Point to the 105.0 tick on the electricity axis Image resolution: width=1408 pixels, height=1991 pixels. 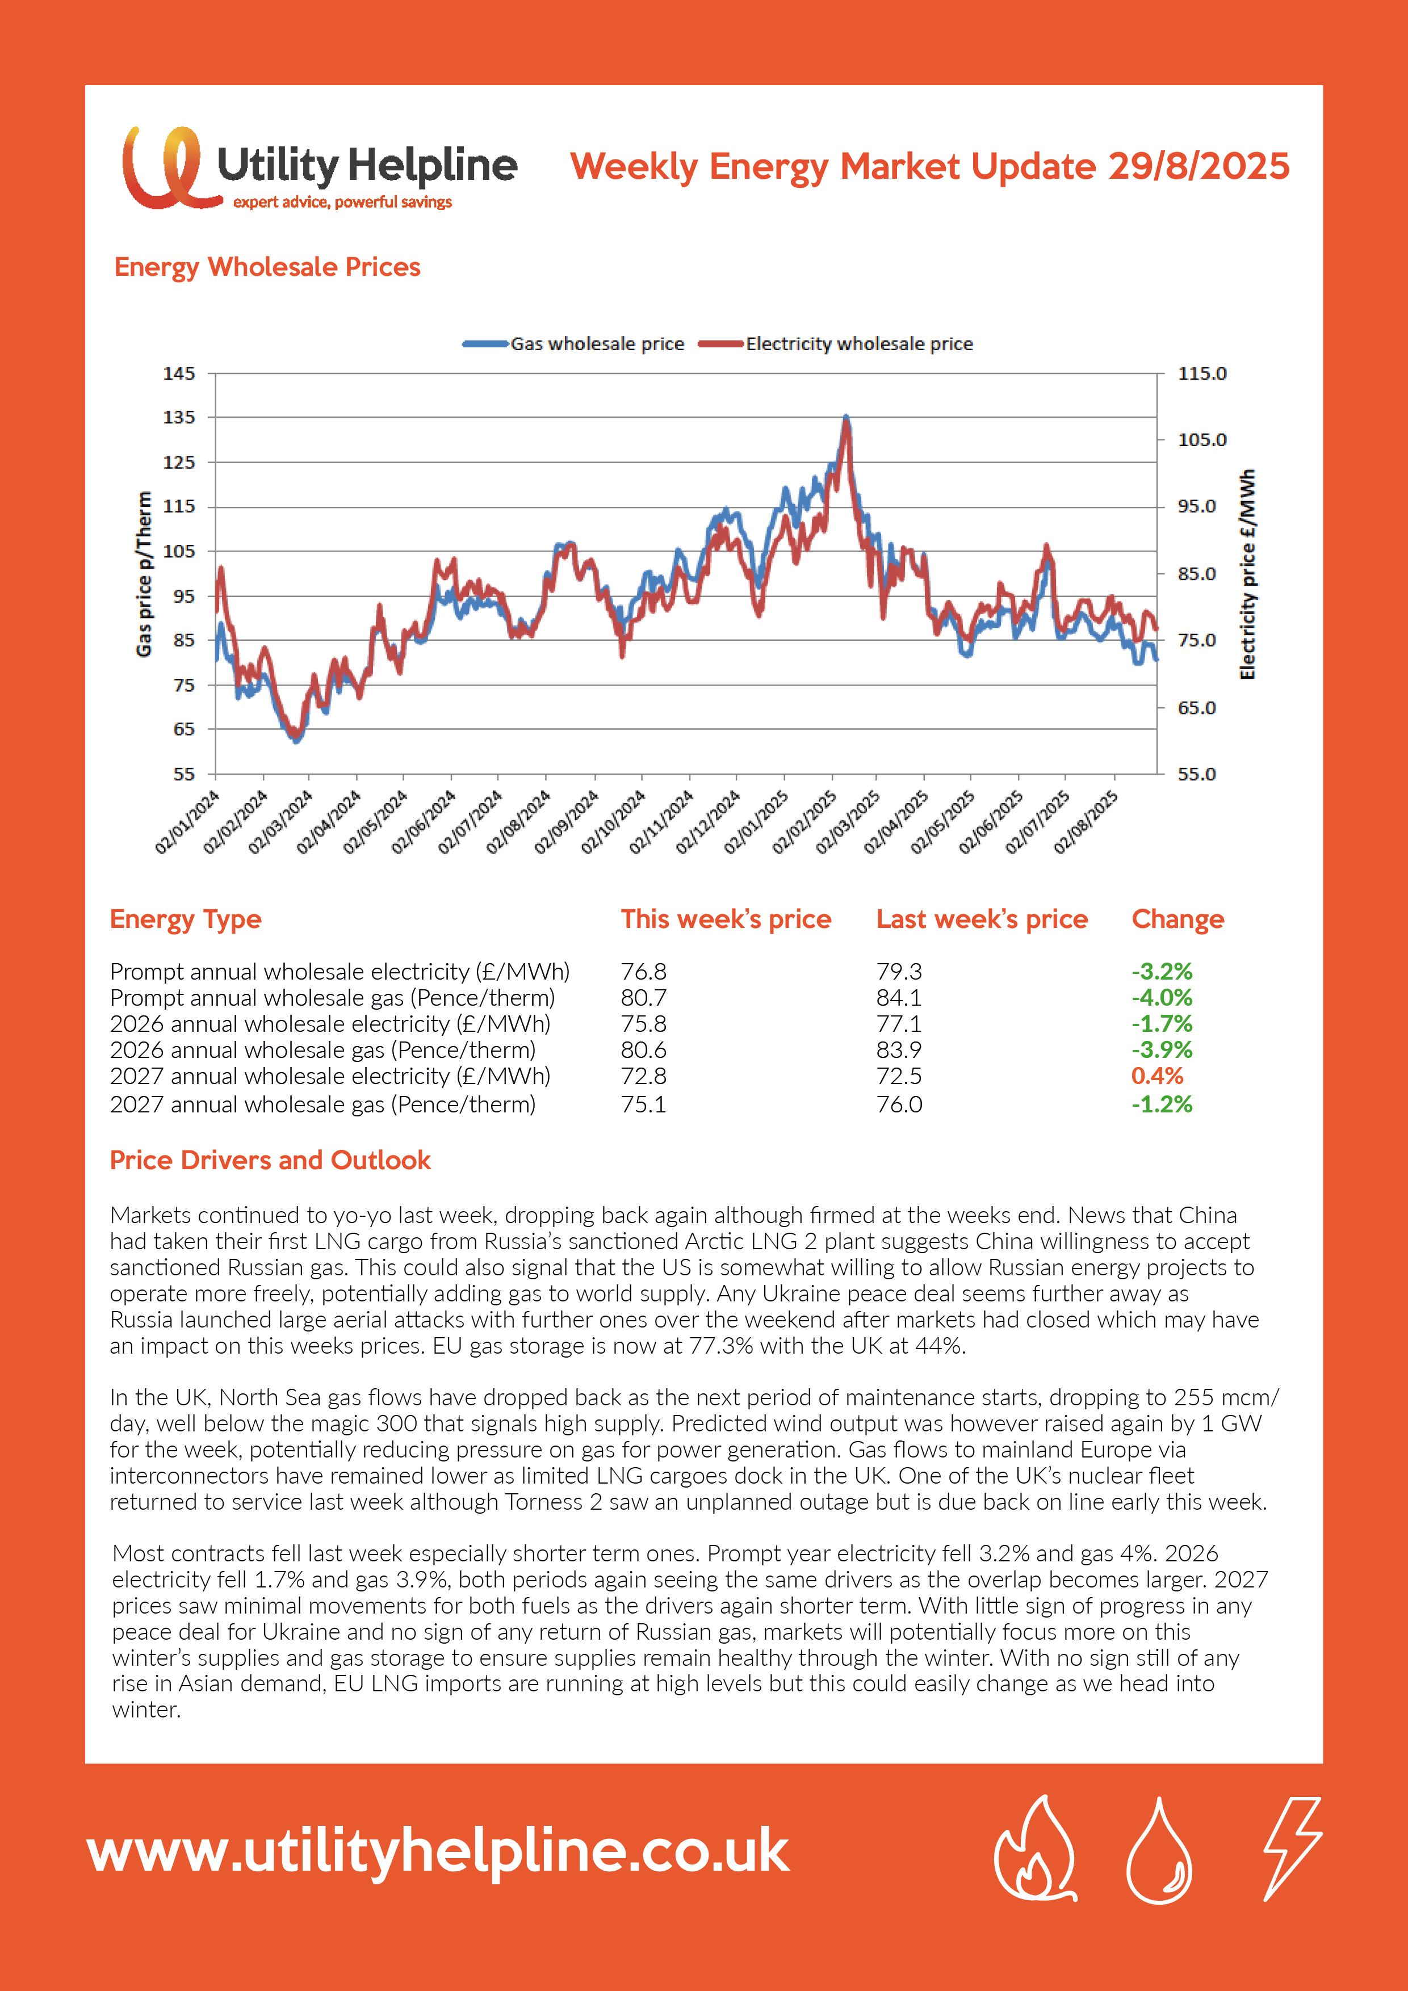[1201, 440]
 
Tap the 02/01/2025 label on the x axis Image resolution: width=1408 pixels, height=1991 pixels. [756, 821]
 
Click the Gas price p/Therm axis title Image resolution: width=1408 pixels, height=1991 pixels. [144, 574]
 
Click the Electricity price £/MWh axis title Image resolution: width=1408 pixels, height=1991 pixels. [1247, 574]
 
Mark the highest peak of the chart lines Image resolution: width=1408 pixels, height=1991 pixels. [846, 417]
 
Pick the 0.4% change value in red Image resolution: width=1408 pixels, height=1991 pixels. [1157, 1076]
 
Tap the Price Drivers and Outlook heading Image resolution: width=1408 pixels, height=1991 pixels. [270, 1160]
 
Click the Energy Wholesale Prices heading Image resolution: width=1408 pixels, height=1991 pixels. [267, 267]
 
